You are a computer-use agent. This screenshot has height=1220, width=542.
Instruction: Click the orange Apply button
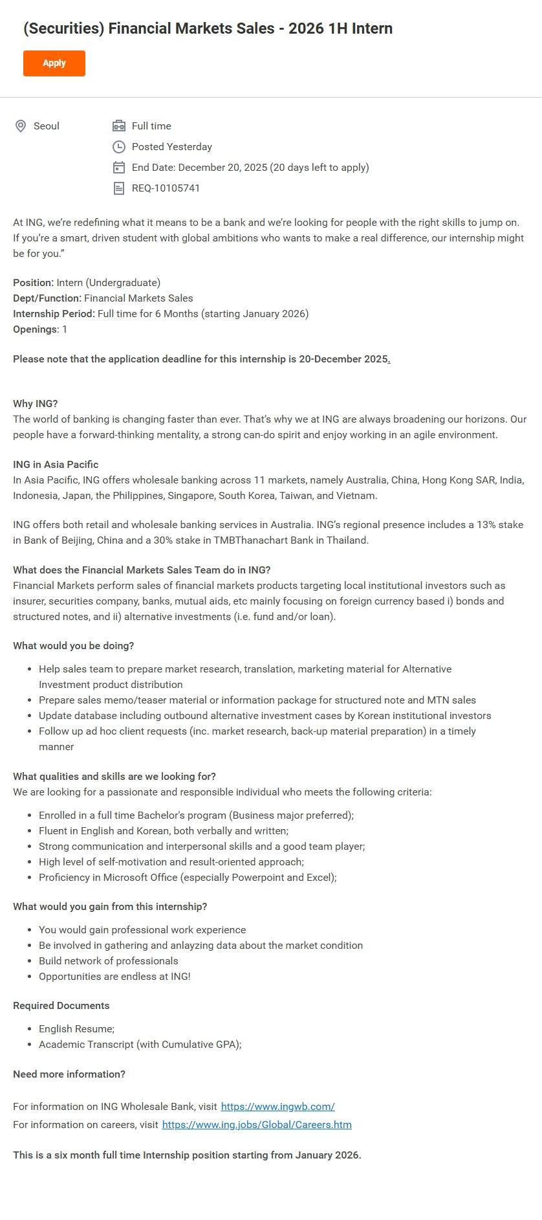tap(54, 63)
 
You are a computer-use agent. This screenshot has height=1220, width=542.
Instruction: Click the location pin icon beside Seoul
tap(21, 126)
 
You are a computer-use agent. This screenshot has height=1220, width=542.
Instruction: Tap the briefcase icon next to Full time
tap(119, 126)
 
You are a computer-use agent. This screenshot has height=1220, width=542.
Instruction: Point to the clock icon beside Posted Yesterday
tap(119, 147)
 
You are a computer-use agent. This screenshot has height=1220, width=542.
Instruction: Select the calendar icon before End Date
tap(119, 168)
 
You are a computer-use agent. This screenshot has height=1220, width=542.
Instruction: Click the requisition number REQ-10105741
tap(166, 188)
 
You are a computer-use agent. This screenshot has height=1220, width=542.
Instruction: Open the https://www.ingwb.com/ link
tap(277, 1107)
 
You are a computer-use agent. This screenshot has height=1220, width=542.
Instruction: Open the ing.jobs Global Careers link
tap(257, 1125)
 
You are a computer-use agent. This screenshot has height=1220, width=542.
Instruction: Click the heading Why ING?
tap(36, 404)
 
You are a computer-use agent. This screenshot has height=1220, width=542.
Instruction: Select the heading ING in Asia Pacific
tap(56, 465)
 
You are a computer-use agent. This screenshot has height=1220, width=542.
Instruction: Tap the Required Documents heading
tap(61, 1006)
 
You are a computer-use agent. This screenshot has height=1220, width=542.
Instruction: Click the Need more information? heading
tap(69, 1074)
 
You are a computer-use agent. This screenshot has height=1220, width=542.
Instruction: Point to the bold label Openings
tap(35, 329)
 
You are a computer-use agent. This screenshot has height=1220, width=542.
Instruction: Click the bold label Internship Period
tap(54, 314)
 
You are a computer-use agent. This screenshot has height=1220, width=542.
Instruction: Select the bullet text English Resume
tap(76, 1029)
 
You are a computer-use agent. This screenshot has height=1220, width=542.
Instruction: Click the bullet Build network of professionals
tap(108, 961)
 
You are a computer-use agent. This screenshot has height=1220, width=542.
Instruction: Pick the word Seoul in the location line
tap(47, 126)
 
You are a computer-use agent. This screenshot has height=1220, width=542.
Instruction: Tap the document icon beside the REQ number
tap(119, 188)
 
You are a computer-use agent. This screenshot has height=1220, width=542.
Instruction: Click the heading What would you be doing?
tap(73, 646)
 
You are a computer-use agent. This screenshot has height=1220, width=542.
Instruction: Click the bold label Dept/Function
tap(47, 298)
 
